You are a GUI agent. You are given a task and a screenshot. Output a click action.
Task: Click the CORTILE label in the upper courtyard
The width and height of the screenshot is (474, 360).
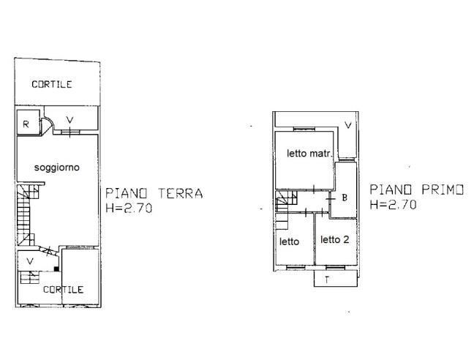(x=51, y=85)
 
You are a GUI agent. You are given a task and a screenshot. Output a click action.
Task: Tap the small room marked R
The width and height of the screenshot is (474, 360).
(x=26, y=124)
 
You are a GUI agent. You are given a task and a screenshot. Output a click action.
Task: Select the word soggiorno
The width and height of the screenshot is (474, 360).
(x=56, y=168)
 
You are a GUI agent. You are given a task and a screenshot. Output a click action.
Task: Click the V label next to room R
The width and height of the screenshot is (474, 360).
(x=69, y=120)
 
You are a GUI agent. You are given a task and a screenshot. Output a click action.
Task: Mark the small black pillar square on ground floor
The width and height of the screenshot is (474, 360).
(x=56, y=269)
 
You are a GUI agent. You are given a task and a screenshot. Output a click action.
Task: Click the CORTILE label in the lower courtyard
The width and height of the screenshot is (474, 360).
(x=63, y=290)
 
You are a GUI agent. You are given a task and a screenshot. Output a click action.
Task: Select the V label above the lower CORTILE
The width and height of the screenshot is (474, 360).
(x=30, y=260)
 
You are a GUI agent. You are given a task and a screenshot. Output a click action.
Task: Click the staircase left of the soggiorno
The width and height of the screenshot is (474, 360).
(x=26, y=216)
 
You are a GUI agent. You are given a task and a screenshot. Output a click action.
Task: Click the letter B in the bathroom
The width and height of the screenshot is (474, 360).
(x=344, y=198)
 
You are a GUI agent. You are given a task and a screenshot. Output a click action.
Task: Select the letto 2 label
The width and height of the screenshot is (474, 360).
(x=335, y=240)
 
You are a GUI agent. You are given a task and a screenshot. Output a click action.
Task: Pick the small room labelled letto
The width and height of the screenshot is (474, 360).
(x=289, y=241)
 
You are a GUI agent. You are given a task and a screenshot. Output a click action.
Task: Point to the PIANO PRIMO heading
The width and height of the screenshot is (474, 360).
(x=416, y=190)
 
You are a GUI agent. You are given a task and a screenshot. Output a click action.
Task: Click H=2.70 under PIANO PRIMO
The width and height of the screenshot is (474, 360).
(x=393, y=206)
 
